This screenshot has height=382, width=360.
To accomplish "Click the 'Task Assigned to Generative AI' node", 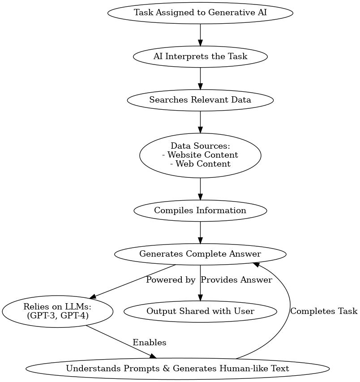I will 200,13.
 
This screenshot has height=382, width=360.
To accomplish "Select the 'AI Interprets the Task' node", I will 200,57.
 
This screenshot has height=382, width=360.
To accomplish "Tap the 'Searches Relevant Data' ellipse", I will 200,100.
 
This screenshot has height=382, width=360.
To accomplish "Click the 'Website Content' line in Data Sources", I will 200,155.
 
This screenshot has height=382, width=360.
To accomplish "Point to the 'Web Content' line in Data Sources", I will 200,164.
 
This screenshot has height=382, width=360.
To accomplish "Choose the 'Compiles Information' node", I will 200,210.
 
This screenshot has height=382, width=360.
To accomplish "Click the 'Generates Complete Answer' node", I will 200,254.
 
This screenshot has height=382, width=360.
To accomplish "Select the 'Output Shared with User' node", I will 200,311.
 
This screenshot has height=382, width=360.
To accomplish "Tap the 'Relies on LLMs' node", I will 57,311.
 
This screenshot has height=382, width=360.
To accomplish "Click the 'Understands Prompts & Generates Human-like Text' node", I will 177,369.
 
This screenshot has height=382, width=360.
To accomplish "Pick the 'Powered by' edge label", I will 171,280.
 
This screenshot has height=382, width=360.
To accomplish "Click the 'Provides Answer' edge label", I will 236,280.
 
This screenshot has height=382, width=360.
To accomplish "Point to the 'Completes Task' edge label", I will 324,311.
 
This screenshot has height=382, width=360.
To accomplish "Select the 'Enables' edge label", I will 149,343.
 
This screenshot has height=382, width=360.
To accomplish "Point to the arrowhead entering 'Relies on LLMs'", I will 93,297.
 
